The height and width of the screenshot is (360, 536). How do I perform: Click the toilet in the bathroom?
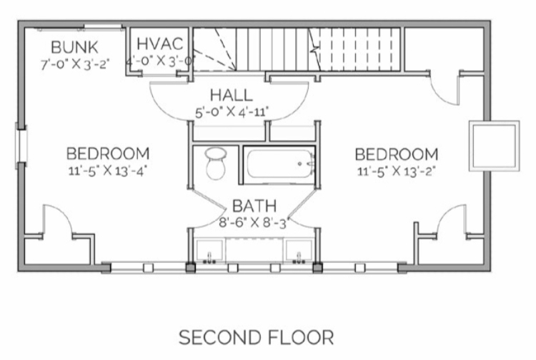[215, 164]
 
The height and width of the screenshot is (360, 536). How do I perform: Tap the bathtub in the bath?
[279, 164]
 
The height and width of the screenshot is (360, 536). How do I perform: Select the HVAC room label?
[160, 44]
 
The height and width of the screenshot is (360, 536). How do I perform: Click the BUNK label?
[74, 47]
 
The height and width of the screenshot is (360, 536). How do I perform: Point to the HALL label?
[232, 95]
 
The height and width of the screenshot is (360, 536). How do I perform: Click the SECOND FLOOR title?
[256, 337]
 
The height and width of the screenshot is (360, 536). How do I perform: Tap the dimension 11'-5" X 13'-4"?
[108, 171]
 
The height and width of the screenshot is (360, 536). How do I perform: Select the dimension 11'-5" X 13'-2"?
[396, 171]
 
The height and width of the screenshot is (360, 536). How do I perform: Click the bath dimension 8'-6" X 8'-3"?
[254, 223]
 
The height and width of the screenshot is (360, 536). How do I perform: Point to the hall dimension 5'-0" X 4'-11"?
[232, 112]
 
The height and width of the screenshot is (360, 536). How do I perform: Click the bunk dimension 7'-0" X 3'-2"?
[75, 64]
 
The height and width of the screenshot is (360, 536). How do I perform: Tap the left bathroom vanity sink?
[209, 251]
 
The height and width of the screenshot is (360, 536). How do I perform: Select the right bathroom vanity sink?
[299, 251]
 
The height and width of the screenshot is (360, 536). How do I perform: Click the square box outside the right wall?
[495, 146]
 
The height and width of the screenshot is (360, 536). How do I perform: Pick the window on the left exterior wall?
[21, 146]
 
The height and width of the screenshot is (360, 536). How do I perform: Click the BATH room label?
[254, 206]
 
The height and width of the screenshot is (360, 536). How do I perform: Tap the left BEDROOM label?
[108, 154]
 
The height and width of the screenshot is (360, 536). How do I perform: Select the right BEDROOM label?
[397, 154]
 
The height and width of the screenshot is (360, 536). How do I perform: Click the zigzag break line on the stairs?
[315, 49]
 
